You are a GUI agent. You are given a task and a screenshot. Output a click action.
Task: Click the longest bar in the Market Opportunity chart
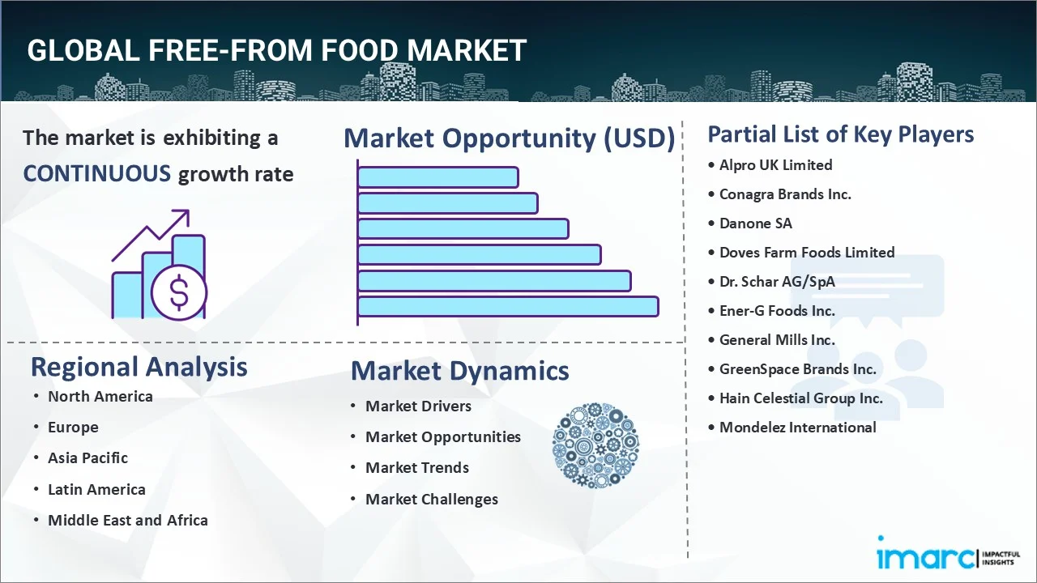tap(507, 307)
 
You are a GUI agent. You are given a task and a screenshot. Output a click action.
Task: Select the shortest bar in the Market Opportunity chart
tap(437, 177)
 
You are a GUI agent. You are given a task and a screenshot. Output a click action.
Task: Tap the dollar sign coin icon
tap(179, 293)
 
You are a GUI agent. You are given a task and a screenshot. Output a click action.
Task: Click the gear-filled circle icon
tap(595, 445)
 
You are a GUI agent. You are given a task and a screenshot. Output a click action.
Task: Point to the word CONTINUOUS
tap(96, 173)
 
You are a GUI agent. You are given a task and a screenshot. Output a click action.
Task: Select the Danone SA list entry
tap(756, 223)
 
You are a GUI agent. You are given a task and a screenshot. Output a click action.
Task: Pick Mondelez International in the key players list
tap(797, 428)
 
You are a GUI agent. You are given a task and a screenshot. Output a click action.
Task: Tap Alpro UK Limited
tap(775, 165)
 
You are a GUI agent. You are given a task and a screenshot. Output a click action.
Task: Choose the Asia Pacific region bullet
tap(87, 458)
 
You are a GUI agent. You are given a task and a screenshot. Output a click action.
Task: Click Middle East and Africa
tap(127, 521)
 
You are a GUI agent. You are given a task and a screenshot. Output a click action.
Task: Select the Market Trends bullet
tap(416, 468)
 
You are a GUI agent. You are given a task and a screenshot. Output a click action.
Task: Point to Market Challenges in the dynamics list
tap(431, 500)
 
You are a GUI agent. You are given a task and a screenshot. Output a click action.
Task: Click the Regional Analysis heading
tap(139, 367)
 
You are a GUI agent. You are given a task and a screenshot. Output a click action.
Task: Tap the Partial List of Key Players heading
tap(840, 134)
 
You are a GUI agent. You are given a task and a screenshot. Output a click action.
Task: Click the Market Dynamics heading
tap(459, 371)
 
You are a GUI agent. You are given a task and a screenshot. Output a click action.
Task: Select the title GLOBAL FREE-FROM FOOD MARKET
tap(276, 51)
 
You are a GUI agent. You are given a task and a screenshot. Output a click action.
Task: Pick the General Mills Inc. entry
tap(776, 340)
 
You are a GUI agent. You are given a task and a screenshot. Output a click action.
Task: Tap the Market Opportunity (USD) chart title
tap(509, 138)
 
